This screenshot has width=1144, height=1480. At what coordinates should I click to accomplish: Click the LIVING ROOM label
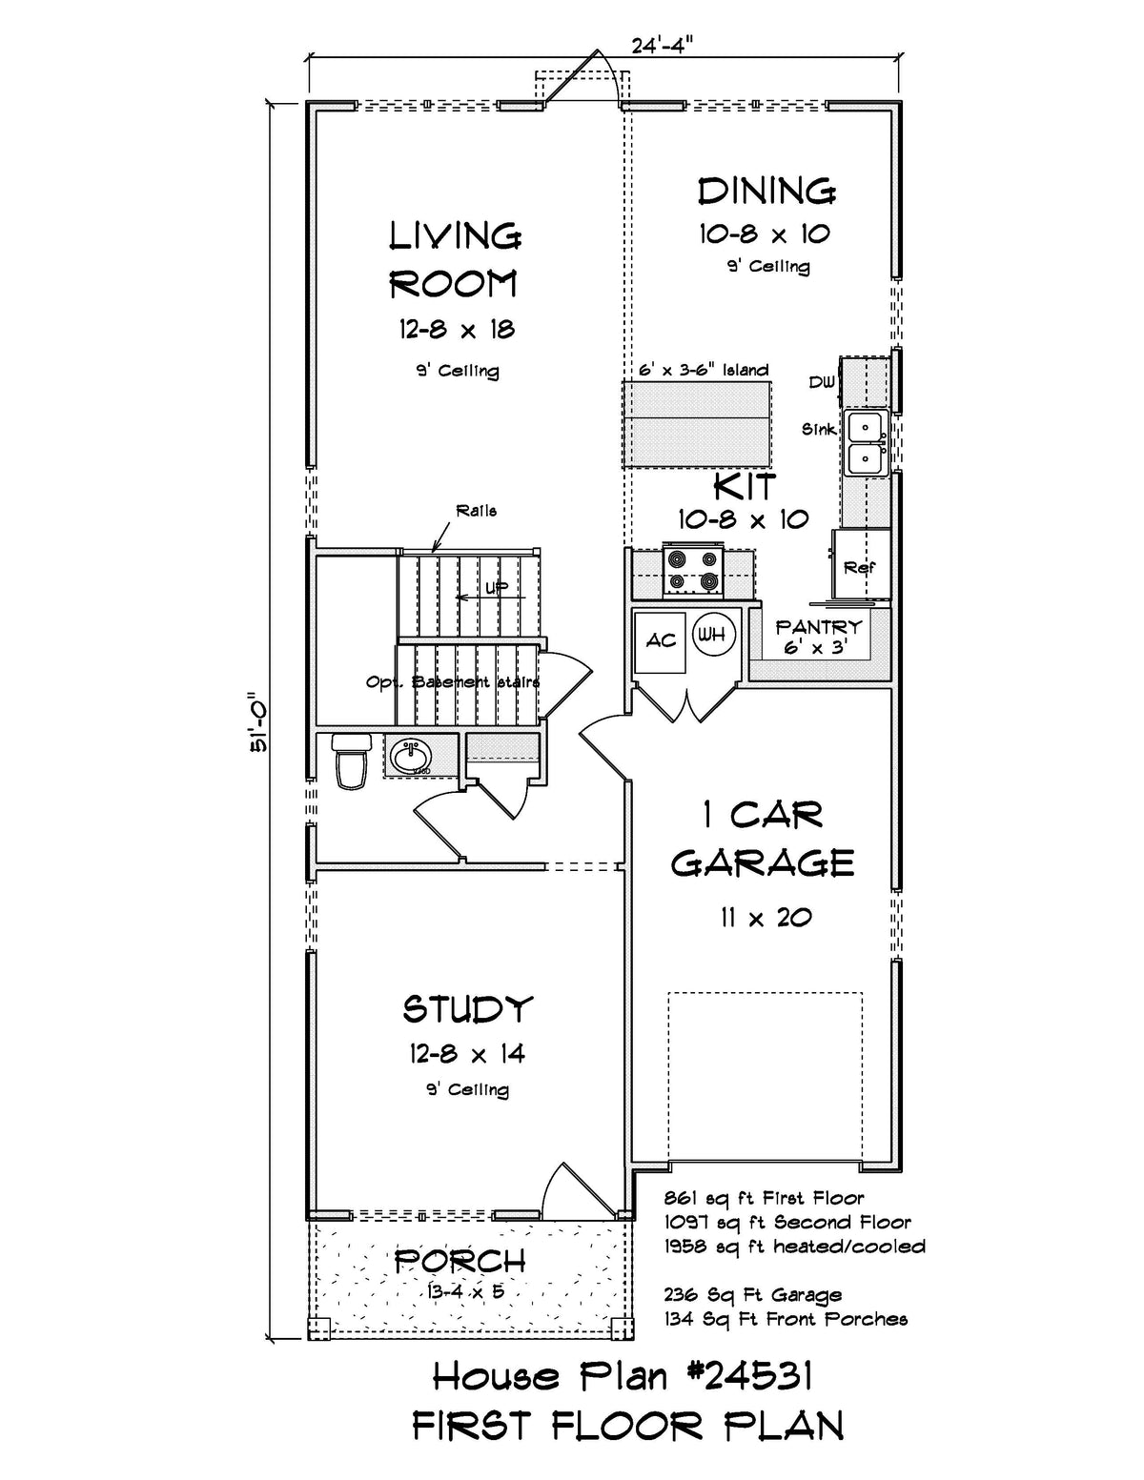coord(455,259)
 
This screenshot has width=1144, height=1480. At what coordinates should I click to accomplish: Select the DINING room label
coord(766,192)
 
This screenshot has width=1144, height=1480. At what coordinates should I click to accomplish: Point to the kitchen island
coord(697,424)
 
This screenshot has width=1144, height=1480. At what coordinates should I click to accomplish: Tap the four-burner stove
coord(693,568)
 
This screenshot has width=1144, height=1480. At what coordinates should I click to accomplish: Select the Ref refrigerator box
coord(860,567)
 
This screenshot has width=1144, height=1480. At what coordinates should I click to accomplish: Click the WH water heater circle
coord(712,634)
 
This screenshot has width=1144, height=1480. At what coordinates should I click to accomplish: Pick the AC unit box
coord(661,640)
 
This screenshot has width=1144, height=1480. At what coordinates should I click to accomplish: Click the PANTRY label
coord(818,627)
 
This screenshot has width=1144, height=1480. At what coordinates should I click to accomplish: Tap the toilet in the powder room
coord(350,760)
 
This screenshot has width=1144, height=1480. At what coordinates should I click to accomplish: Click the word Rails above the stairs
coord(476,511)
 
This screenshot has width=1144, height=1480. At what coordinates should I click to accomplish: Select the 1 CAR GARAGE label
coord(762,839)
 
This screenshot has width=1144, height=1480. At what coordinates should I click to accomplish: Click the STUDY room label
coord(467,1008)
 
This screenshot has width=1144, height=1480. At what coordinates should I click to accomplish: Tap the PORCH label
coord(460,1261)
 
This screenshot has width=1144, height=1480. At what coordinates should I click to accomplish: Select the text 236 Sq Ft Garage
coord(752,1295)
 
